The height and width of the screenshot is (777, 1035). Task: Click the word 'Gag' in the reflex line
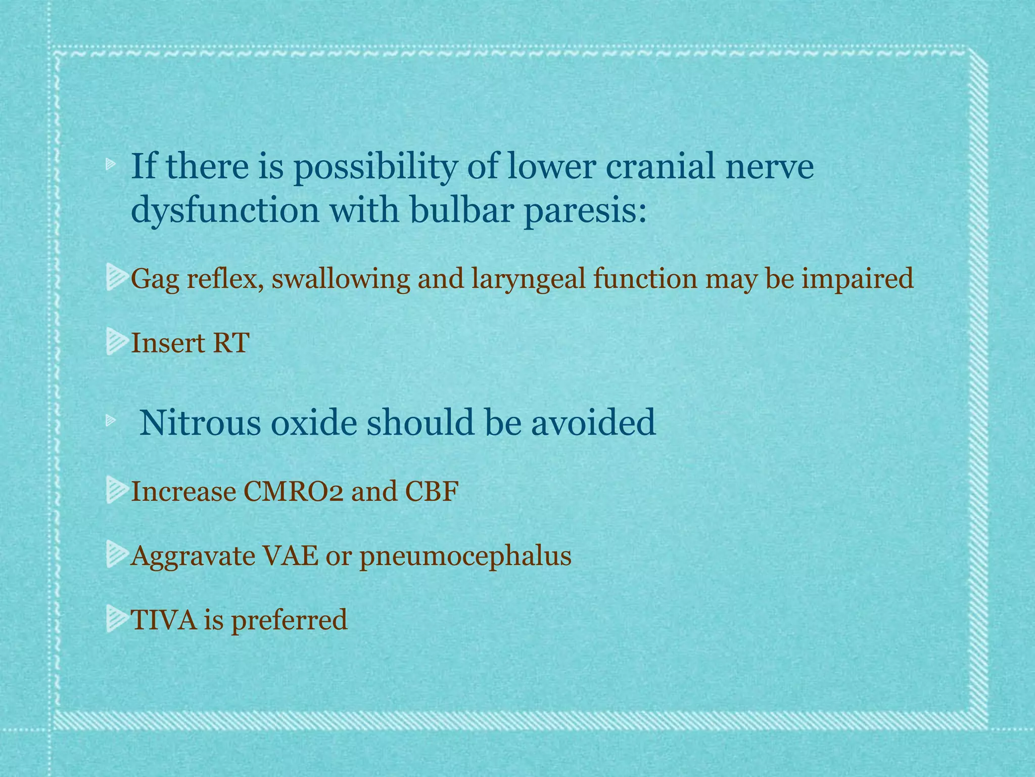155,280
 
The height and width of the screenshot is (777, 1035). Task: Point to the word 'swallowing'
340,280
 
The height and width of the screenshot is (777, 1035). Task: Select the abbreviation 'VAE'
290,556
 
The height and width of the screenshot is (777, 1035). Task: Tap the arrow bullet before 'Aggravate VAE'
116,555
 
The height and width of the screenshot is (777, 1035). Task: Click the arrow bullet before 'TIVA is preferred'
116,620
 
